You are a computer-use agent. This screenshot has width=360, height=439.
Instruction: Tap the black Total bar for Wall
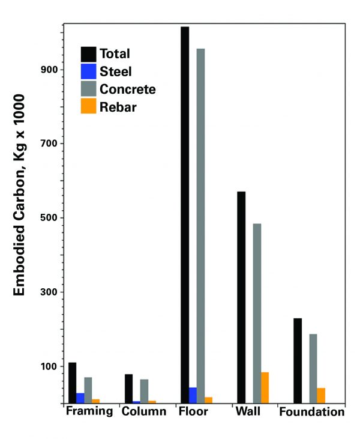241,297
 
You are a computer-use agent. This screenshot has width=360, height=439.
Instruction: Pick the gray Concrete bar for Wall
257,312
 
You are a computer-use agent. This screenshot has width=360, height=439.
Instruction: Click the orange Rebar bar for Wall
265,387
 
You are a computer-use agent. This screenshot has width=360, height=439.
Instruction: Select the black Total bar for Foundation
298,360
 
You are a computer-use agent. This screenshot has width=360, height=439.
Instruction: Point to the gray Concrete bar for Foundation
313,368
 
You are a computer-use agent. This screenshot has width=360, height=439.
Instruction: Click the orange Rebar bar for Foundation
321,395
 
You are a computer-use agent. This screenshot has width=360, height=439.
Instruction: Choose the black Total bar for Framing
72,382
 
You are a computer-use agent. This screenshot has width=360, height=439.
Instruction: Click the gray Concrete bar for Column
144,390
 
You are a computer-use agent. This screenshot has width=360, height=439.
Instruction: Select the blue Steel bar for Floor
193,395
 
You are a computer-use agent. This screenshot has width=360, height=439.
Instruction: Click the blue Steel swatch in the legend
89,71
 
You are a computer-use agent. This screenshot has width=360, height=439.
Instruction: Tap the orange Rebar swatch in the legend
89,106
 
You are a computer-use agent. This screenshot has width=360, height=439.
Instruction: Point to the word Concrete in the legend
128,89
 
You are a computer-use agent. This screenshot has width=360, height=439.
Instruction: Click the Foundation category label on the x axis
312,412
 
